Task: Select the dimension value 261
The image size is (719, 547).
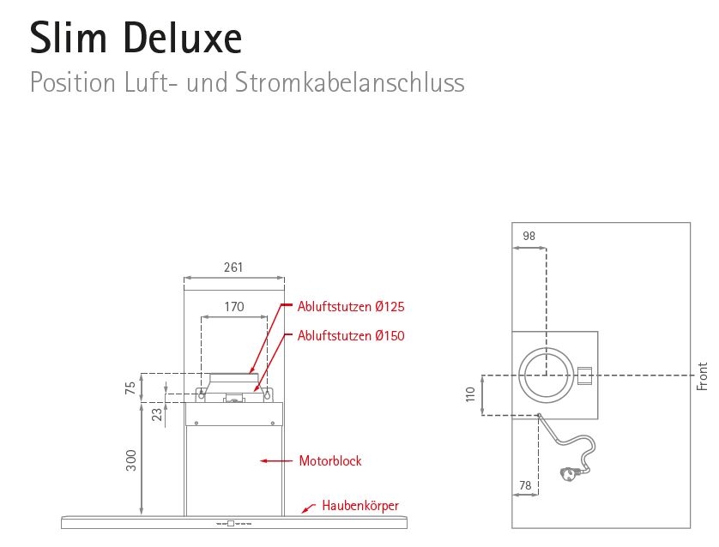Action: point(233,267)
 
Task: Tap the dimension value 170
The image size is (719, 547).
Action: point(234,306)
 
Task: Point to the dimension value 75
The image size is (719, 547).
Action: point(130,388)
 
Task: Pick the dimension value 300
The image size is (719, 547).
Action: point(130,461)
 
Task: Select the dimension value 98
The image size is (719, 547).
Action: point(529,236)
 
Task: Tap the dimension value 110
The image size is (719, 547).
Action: point(470,395)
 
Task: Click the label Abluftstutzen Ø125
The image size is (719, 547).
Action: point(351,306)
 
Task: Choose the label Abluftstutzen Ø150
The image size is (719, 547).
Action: point(351,336)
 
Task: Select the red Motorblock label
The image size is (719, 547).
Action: point(330,461)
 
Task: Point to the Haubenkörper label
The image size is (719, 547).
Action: point(360,505)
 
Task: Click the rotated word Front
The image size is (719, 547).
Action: point(703,376)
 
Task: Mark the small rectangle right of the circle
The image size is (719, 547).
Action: point(584,376)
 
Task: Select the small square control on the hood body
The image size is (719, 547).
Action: point(230,522)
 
